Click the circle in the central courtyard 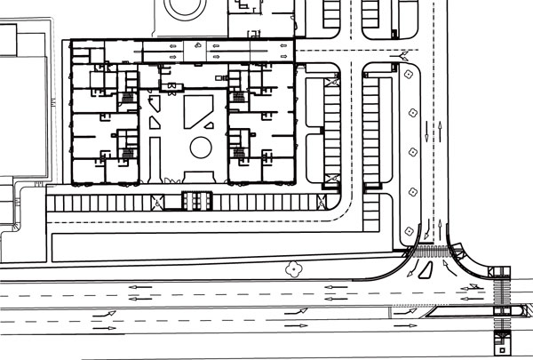pyautogui.click(x=201, y=145)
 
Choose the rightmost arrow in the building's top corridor pyautogui.click(x=283, y=44)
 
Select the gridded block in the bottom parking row pyautogui.click(x=195, y=201)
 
